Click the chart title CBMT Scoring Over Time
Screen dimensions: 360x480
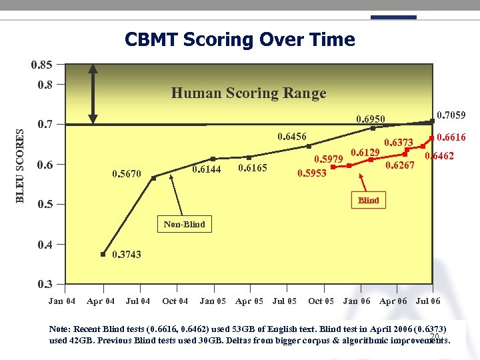click(x=239, y=40)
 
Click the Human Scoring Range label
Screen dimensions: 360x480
click(x=249, y=93)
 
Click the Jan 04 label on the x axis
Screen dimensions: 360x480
click(x=62, y=301)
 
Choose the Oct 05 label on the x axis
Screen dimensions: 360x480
click(x=321, y=301)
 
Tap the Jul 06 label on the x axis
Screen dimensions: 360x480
click(x=428, y=301)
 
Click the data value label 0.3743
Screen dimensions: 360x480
click(x=126, y=255)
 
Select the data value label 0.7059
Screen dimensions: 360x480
click(x=451, y=115)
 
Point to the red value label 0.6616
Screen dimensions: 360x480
click(x=451, y=137)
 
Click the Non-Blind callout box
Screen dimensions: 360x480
click(x=185, y=224)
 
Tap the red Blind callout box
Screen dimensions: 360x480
click(x=368, y=200)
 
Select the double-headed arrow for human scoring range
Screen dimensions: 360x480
click(x=95, y=94)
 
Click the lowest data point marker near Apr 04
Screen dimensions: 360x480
click(x=103, y=254)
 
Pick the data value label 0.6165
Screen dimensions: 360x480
click(x=253, y=168)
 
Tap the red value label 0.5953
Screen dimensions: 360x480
click(x=311, y=173)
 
